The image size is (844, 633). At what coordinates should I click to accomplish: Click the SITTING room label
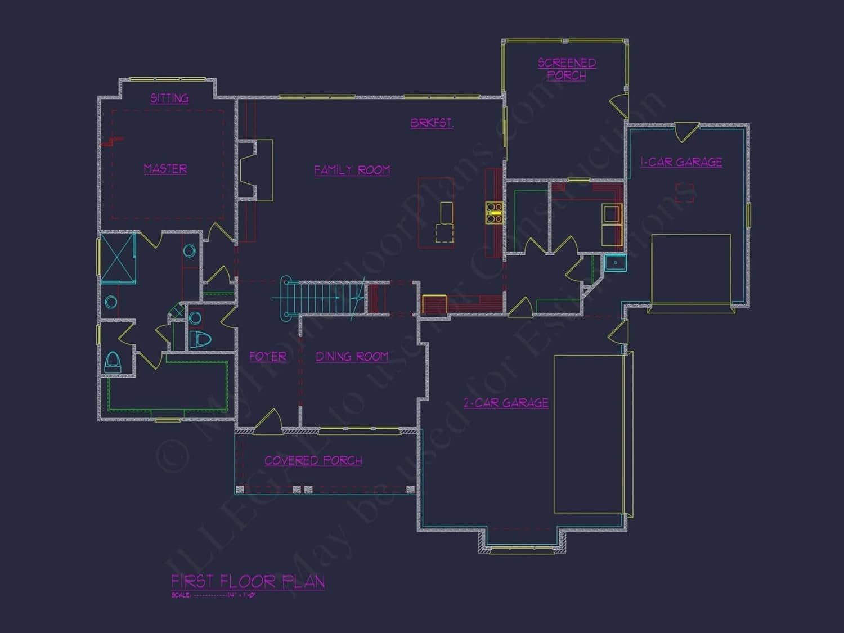pos(169,98)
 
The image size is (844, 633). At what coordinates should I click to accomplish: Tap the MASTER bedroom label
pos(165,169)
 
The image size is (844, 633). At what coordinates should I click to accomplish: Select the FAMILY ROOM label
pos(352,170)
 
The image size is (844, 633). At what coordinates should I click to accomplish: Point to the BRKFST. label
pos(432,123)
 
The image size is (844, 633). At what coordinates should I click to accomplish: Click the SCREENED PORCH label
pos(567,69)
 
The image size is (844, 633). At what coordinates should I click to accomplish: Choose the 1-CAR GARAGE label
pos(681,162)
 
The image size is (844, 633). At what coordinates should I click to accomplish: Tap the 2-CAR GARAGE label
pos(506,403)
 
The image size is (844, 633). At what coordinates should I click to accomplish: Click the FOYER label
pos(268,357)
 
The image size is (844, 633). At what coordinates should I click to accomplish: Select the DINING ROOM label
pos(352,357)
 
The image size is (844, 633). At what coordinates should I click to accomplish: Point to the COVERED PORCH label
pos(313,461)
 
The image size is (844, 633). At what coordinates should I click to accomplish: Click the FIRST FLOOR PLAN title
pos(248,581)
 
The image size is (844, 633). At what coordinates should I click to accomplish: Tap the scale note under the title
pos(214,595)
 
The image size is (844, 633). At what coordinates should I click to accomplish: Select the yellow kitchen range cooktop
pos(494,213)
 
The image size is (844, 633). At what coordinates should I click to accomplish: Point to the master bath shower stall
pos(118,258)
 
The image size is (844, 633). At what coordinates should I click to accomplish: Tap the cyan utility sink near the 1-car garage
pos(616,263)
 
